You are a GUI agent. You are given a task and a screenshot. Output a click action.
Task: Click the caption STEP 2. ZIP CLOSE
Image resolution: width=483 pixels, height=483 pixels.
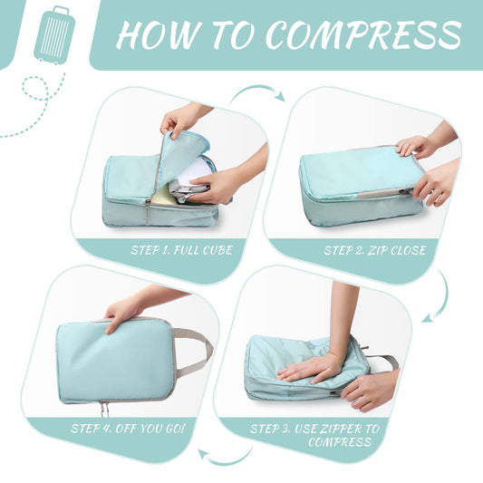pyautogui.click(x=373, y=249)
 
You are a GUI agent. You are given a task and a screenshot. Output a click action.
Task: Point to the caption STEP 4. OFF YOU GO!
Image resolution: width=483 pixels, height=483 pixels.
pyautogui.click(x=128, y=426)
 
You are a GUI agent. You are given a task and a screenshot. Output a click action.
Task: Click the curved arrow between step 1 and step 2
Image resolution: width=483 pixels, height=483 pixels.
pyautogui.click(x=257, y=92)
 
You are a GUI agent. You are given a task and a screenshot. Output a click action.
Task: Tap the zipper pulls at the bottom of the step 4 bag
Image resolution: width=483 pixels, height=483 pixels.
pyautogui.click(x=102, y=408)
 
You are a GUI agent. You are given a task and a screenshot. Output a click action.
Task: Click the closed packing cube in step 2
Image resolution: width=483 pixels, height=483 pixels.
pyautogui.click(x=353, y=181)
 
